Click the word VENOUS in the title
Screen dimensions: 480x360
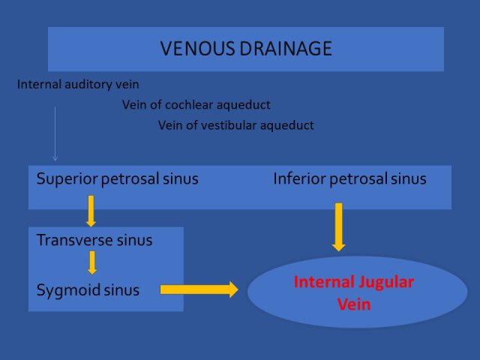[198, 48]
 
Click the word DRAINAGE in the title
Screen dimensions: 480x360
[286, 48]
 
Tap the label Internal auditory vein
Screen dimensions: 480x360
[78, 85]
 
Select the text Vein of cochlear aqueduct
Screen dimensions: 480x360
[196, 105]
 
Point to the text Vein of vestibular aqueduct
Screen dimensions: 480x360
[236, 125]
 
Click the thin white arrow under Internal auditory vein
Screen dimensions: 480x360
[55, 133]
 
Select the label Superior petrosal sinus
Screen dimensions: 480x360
[118, 178]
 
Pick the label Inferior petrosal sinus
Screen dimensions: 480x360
[350, 178]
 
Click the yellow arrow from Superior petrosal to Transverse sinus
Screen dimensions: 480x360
[91, 211]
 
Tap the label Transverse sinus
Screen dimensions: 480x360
[94, 240]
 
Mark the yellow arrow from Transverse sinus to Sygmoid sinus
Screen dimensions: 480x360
[92, 262]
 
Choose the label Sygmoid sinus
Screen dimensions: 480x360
[88, 290]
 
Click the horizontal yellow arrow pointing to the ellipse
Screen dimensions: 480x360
[199, 289]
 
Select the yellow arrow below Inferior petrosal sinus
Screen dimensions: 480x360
[338, 226]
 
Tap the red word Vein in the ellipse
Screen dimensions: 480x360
[354, 304]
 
